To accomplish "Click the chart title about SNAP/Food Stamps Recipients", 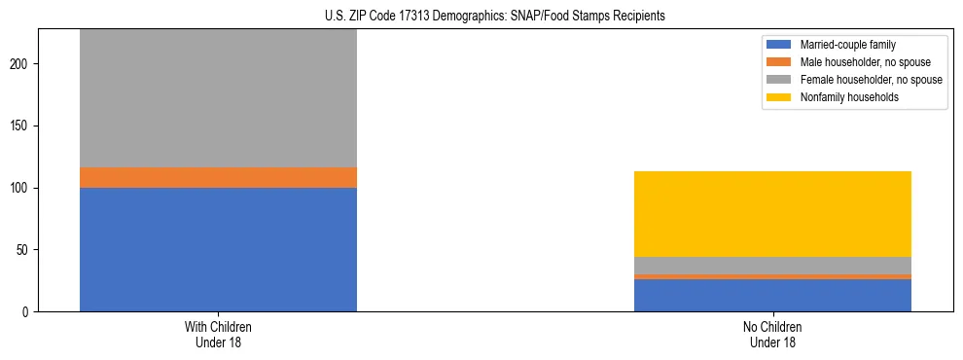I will coord(495,17).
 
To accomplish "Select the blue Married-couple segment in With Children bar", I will coord(218,249).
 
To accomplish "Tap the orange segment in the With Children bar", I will coord(218,177).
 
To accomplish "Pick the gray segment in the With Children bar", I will coord(218,97).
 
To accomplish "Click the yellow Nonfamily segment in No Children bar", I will coord(772,214).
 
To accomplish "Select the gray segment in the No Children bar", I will coord(772,266).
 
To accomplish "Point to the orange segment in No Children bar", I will coord(772,277).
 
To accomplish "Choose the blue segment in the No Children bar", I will coord(772,295).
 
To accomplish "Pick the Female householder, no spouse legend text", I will coord(871,80).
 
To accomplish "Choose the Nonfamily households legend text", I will coord(843,97).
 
